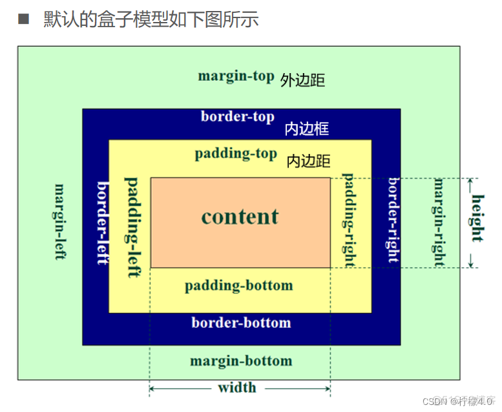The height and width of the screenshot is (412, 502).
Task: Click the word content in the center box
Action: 240,216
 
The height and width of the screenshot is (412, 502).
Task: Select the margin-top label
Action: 236,76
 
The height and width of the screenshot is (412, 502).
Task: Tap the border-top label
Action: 237,116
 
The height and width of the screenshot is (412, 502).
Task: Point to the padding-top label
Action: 236,154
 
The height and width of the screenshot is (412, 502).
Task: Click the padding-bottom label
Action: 238,285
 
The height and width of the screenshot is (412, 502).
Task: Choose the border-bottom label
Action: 241,322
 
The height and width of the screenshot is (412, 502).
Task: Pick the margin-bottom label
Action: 241,361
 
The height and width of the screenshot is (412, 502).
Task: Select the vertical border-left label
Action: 102,222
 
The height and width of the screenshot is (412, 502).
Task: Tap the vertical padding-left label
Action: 132,226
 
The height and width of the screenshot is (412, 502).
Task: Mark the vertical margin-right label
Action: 439,222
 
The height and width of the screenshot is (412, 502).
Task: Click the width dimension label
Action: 237,388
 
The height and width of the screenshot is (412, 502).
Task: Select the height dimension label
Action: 477,218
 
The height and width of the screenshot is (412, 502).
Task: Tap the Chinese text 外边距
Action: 302,80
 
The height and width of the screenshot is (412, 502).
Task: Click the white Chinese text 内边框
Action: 307,129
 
